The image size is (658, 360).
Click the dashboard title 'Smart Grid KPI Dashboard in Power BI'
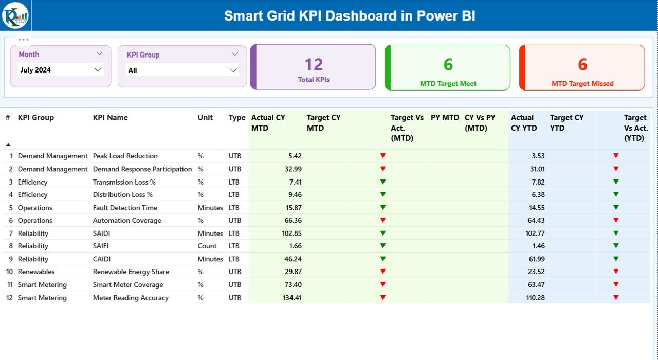(x=350, y=16)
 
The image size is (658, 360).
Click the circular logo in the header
(x=15, y=15)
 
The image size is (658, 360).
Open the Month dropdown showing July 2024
(x=61, y=70)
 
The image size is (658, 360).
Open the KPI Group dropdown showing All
(x=182, y=70)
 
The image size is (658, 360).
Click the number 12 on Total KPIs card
(x=314, y=64)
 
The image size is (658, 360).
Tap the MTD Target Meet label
(x=448, y=83)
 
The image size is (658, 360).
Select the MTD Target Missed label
(x=582, y=83)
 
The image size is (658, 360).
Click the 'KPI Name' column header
(x=110, y=118)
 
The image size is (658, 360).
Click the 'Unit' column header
(x=205, y=118)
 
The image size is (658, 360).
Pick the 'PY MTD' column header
(x=445, y=118)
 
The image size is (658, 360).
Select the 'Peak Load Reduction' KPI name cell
(x=125, y=156)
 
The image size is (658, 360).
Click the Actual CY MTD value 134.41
(x=292, y=298)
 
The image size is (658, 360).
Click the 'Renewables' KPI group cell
(x=36, y=272)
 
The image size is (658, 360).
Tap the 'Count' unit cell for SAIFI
(x=207, y=246)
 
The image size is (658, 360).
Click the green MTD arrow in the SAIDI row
(x=382, y=233)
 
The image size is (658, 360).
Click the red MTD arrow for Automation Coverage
(x=382, y=220)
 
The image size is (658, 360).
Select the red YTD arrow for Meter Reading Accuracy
(x=616, y=297)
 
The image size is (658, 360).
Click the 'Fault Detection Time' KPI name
(x=125, y=208)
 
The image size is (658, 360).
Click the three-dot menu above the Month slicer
(x=24, y=39)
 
